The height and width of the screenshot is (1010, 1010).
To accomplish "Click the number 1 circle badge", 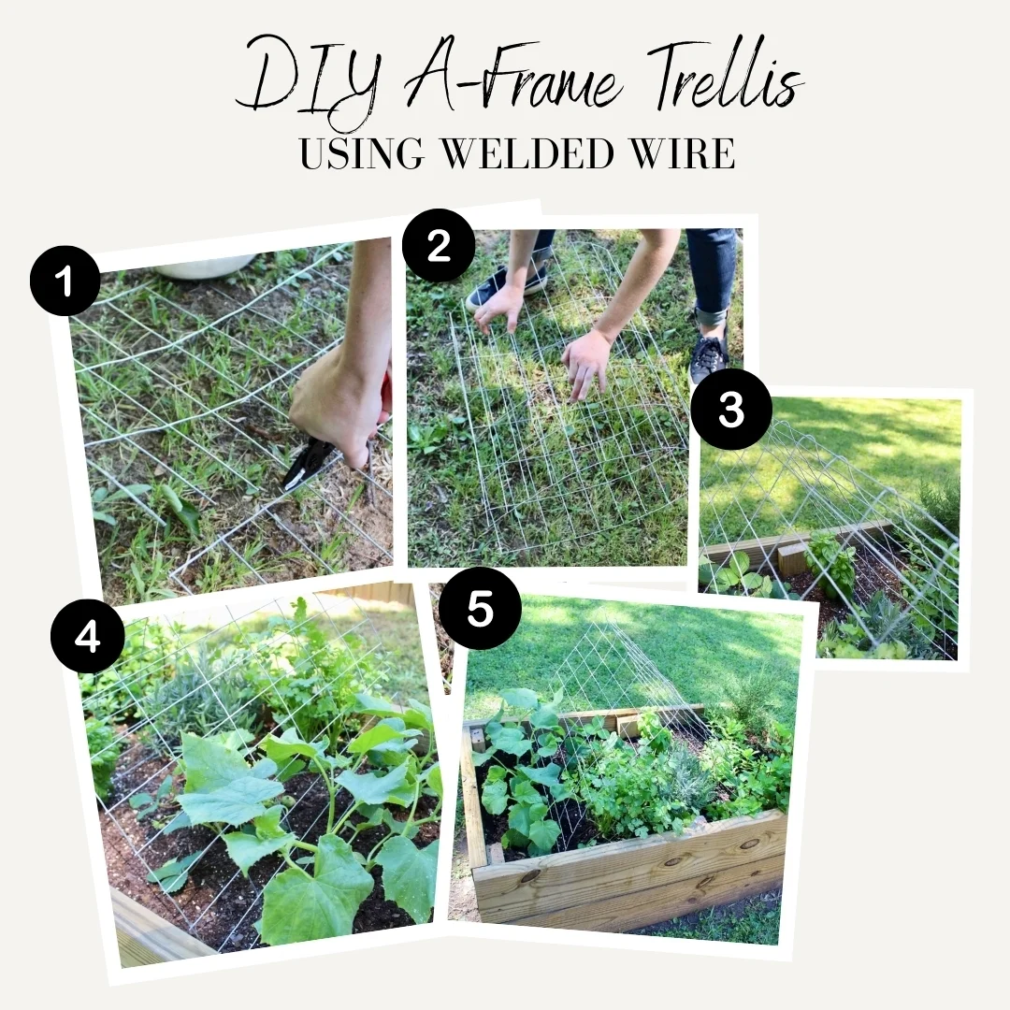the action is coord(65,281).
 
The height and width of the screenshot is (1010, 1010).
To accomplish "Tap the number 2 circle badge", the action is coord(439,245).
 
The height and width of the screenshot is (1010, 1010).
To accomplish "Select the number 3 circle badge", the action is coord(731,409).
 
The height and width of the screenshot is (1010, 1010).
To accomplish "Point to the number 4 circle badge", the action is coord(88,637).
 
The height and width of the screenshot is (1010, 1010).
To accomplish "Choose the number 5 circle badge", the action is coord(480,608).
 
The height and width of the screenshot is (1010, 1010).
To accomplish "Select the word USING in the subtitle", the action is coord(362,153).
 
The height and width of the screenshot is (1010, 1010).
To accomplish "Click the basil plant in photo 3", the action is coord(831,557).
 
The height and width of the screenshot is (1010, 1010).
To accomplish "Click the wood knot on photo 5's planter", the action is coord(530,877).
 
